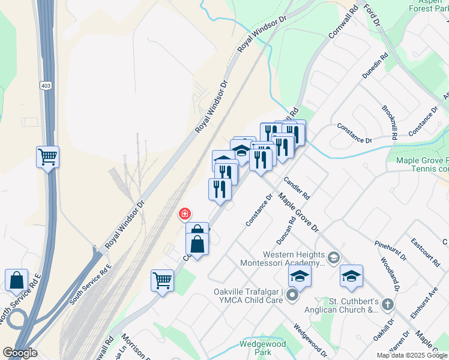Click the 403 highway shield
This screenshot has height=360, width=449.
point(46,86)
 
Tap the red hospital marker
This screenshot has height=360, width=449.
point(185,214)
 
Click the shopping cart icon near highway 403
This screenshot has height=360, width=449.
point(47,158)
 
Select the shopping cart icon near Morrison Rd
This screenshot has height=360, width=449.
point(162,280)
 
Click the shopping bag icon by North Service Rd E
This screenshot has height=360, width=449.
point(16,280)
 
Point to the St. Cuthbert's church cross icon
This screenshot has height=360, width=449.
point(387,305)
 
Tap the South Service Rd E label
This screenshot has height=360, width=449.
point(90,282)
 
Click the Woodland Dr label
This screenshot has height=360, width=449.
point(387,273)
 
